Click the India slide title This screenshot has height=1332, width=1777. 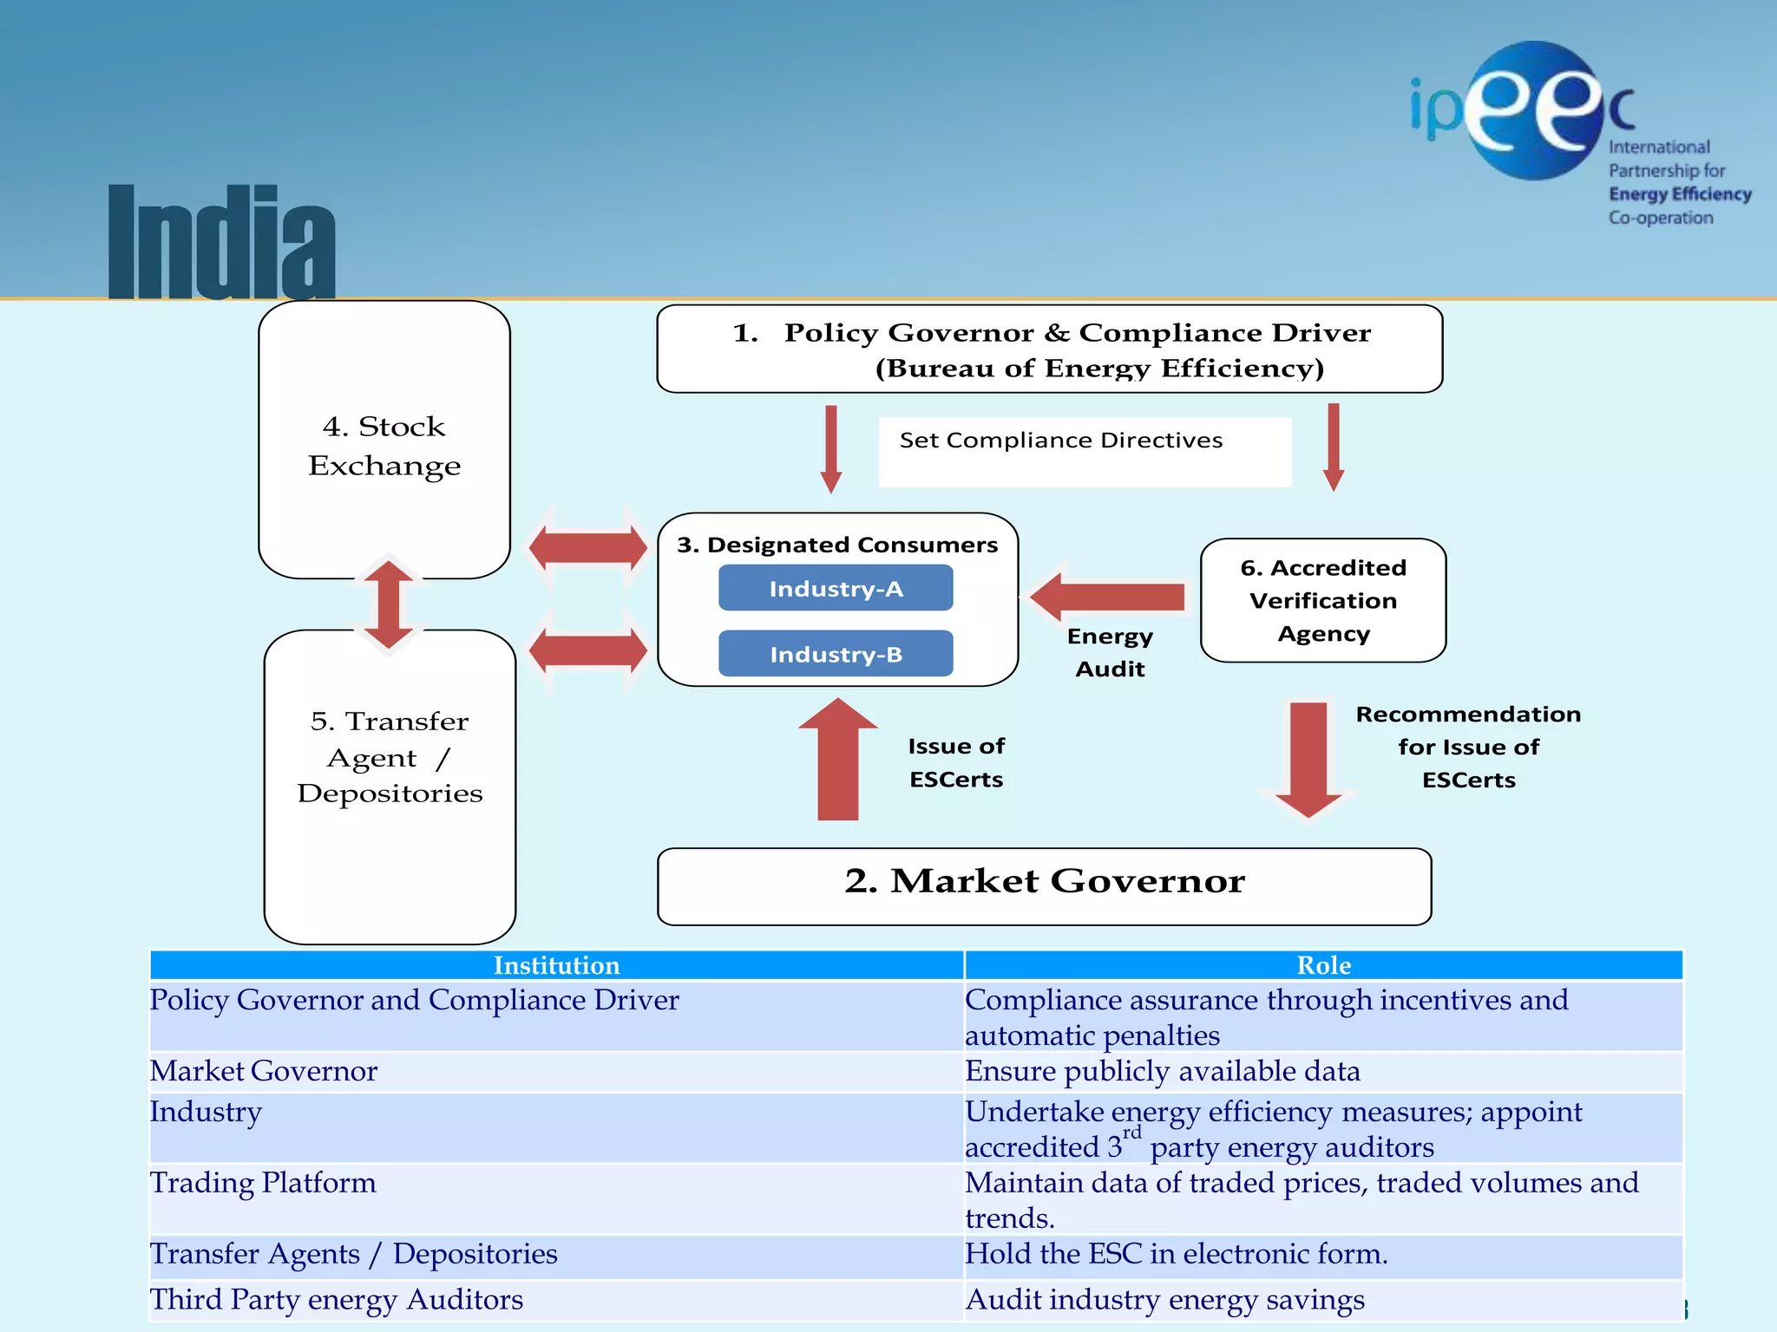(222, 243)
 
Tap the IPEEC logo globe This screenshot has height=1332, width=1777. (1534, 110)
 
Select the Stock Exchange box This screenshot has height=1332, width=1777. (384, 441)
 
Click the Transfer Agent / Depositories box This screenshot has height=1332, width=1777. (390, 786)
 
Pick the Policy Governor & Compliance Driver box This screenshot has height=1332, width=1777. (1049, 349)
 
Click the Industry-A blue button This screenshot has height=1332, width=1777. (836, 588)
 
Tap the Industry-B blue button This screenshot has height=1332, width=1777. (836, 654)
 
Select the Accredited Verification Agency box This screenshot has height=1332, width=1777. (1323, 600)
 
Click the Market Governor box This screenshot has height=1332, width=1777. (1044, 885)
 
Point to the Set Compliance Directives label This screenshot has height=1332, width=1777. (1061, 441)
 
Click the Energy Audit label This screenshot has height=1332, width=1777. (1110, 652)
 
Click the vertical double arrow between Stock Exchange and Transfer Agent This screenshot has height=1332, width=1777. (388, 604)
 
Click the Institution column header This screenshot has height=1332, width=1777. (556, 965)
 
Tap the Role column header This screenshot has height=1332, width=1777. (1323, 965)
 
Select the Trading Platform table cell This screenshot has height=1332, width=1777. (263, 1183)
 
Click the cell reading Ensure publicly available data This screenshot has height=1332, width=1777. (1163, 1071)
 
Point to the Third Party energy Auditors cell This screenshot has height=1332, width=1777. (337, 1300)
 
